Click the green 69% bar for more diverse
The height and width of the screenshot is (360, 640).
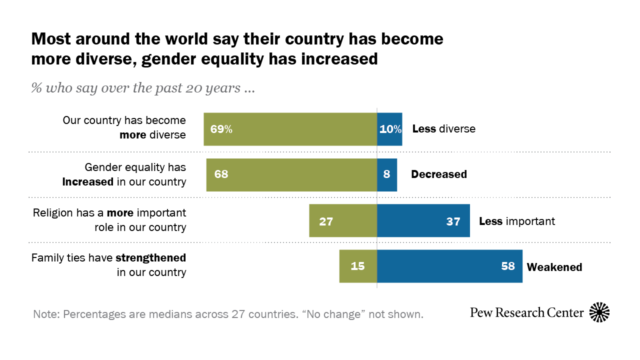click(290, 129)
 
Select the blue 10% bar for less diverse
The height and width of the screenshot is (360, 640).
click(389, 129)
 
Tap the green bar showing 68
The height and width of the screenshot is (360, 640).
click(291, 175)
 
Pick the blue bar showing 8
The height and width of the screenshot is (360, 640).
click(387, 175)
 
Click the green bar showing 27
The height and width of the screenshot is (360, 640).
click(343, 221)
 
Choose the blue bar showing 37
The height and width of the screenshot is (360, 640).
click(423, 221)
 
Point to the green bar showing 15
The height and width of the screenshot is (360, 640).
click(358, 266)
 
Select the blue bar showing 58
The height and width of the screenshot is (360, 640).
click(449, 266)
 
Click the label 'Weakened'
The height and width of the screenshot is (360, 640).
click(554, 267)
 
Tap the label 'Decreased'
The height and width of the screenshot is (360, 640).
click(439, 174)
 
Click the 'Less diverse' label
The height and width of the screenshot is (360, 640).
click(443, 129)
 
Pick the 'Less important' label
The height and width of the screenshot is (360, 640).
click(517, 221)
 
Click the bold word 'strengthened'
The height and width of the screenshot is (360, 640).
click(150, 258)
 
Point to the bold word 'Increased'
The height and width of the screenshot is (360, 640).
click(87, 182)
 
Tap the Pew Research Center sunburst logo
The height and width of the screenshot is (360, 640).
click(599, 312)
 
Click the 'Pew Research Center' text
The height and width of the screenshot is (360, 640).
click(527, 313)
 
